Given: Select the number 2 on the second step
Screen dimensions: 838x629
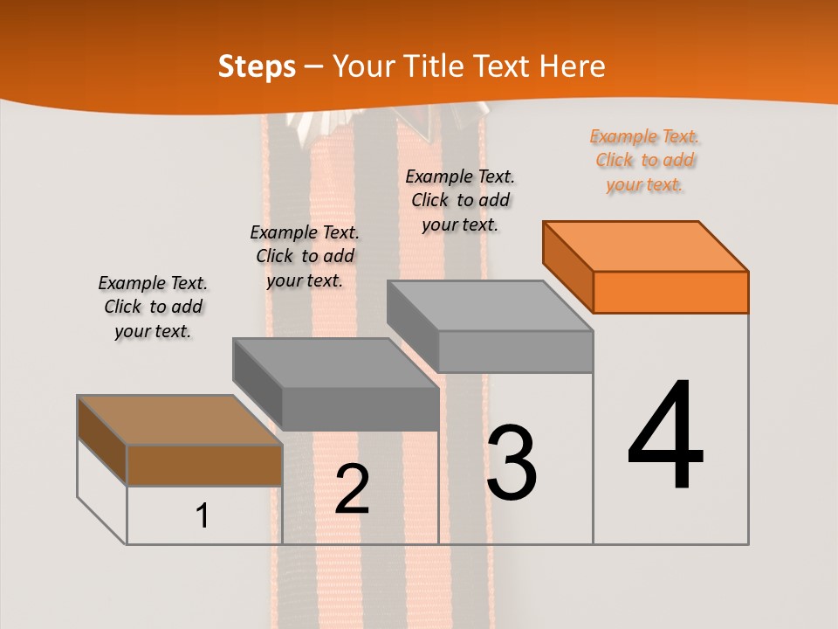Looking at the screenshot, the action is [x=352, y=489].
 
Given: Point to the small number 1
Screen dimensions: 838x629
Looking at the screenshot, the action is [x=203, y=515].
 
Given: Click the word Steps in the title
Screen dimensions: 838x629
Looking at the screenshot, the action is [x=257, y=66].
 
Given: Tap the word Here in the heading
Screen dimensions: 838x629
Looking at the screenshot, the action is [x=574, y=66].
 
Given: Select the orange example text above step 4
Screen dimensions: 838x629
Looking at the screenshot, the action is [x=644, y=161].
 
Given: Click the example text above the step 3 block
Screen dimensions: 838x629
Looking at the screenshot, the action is [x=460, y=200].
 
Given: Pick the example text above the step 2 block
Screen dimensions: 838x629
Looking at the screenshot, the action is [x=304, y=256].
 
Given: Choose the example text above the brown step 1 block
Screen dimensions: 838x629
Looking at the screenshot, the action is [x=153, y=307].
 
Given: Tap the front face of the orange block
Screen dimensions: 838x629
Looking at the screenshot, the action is [x=670, y=292].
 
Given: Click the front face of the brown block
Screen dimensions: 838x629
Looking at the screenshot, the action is [x=204, y=465].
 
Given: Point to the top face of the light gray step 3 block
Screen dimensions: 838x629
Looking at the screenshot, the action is [x=490, y=306].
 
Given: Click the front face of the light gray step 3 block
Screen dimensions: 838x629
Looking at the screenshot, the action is [x=515, y=351].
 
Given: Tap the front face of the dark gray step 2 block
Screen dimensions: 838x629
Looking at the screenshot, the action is [x=360, y=408].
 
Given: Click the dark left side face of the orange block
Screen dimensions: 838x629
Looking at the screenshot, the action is [x=567, y=266].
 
